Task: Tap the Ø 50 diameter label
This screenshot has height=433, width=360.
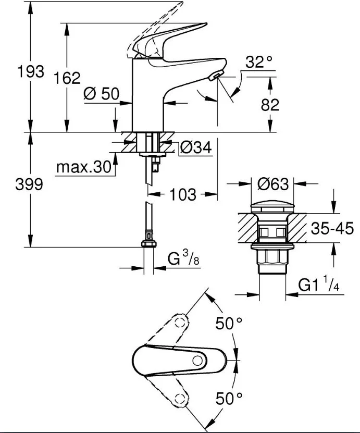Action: (x=101, y=94)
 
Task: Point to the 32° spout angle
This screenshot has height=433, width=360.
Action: (x=259, y=64)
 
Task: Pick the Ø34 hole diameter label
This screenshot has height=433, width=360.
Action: (x=196, y=149)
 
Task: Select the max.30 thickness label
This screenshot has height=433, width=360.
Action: (x=83, y=167)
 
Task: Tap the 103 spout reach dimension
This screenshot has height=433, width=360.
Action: (x=183, y=195)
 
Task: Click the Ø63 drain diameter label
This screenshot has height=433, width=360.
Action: (x=273, y=184)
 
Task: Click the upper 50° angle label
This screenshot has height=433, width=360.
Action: (x=230, y=324)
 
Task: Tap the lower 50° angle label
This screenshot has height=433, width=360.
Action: (x=230, y=399)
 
